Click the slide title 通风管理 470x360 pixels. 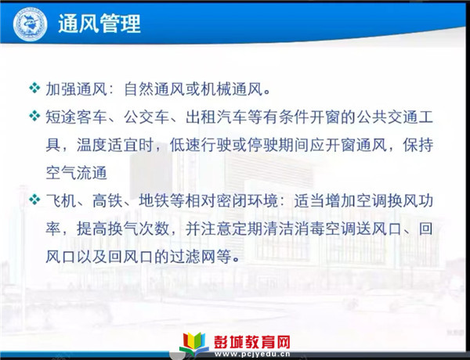pyautogui.click(x=99, y=23)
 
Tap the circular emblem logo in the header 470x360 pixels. pyautogui.click(x=30, y=24)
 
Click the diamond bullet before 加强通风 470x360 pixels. pyautogui.click(x=34, y=88)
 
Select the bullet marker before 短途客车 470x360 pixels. pyautogui.click(x=34, y=116)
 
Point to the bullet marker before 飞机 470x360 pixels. pyautogui.click(x=34, y=200)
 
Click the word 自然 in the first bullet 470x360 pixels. pyautogui.click(x=139, y=89)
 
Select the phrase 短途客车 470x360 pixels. pyautogui.click(x=76, y=117)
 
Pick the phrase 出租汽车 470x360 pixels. pyautogui.click(x=216, y=117)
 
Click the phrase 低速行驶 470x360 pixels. pyautogui.click(x=201, y=145)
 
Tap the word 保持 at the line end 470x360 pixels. pyautogui.click(x=418, y=145)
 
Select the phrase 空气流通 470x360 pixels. pyautogui.click(x=76, y=173)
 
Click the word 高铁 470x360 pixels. pyautogui.click(x=108, y=200)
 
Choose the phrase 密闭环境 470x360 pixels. pyautogui.click(x=248, y=200)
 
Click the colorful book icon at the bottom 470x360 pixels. pyautogui.click(x=194, y=344)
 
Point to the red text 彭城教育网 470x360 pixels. pyautogui.click(x=251, y=342)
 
